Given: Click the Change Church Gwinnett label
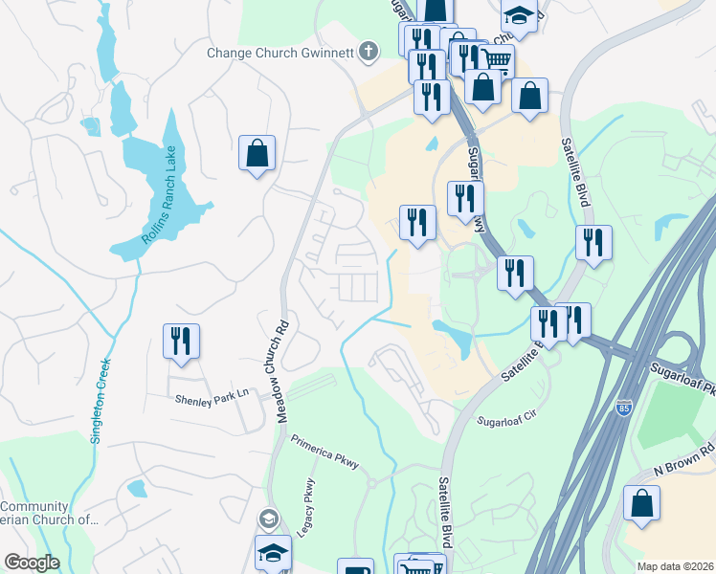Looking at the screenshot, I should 281,53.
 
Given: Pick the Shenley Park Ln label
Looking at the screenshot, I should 211,394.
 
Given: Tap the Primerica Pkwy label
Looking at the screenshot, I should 324,453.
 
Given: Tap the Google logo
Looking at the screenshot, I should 32,563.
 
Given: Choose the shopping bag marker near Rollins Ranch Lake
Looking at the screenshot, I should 257,153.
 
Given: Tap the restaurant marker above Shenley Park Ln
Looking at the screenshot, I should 181,342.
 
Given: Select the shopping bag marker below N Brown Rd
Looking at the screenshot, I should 641,504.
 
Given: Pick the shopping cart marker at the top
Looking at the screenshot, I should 496,61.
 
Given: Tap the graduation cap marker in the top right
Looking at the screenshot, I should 519,15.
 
